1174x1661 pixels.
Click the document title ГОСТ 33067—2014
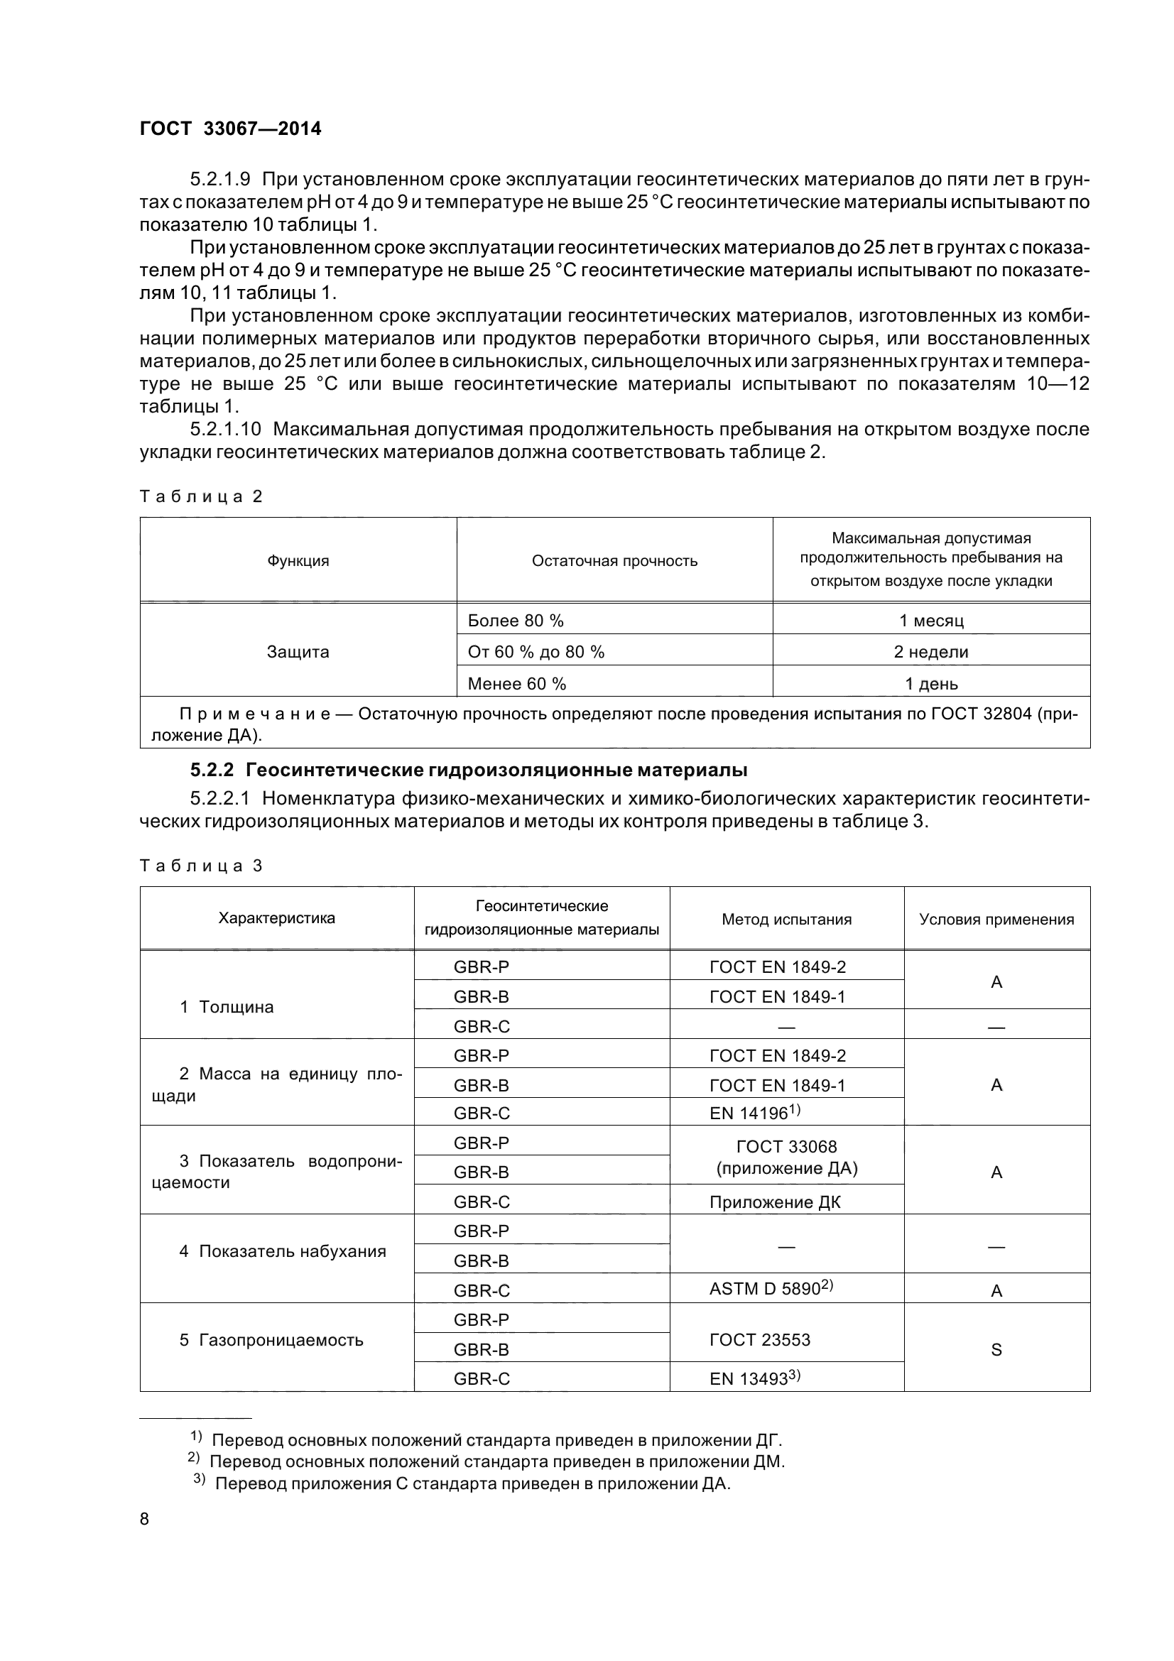230,129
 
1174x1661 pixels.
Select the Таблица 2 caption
200,496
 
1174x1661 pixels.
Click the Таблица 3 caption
200,866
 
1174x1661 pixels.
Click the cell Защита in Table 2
298,652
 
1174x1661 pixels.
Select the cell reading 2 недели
931,652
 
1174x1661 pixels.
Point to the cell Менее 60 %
516,684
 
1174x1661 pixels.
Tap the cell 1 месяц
931,621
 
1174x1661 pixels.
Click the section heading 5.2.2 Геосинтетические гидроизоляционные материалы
469,770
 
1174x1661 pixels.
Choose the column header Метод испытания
786,920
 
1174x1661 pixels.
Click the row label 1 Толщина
227,1007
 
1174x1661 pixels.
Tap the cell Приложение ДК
775,1202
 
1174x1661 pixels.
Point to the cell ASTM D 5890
771,1289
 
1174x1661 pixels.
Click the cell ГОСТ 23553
759,1340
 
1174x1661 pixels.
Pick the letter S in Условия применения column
996,1349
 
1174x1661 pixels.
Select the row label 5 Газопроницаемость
271,1340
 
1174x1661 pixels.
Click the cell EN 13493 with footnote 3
754,1379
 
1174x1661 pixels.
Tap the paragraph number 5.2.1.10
225,429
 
